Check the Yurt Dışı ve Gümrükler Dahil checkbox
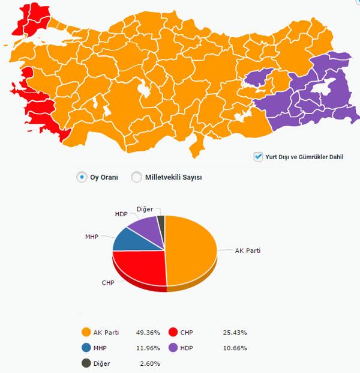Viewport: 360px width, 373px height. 259,157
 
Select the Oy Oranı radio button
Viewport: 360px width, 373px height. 82,177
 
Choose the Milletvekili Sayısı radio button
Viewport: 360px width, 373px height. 136,177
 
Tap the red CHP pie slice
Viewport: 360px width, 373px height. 140,267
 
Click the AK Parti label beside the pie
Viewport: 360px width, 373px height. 248,250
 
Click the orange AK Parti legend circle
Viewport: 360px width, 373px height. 86,332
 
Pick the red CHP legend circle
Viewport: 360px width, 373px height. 173,332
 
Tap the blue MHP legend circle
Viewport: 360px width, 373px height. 86,347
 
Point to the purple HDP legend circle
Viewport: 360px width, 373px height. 173,347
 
